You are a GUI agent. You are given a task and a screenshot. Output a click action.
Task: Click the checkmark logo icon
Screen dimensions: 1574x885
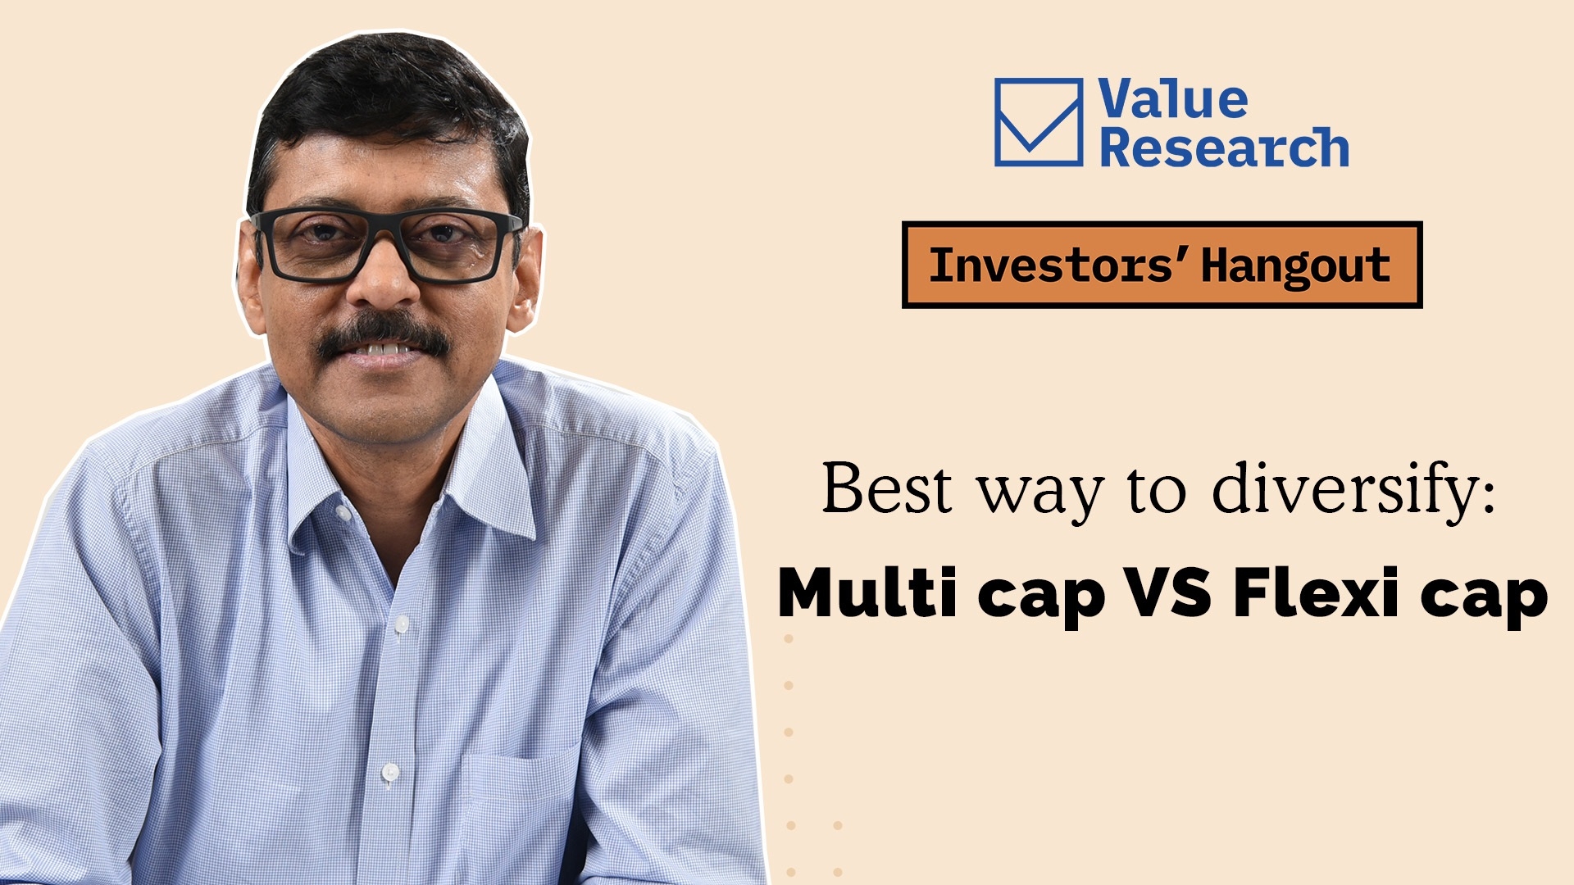click(x=1039, y=122)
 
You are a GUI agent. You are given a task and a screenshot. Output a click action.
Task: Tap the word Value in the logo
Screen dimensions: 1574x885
click(x=1173, y=99)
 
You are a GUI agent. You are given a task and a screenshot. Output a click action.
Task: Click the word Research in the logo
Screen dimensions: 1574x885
click(x=1224, y=147)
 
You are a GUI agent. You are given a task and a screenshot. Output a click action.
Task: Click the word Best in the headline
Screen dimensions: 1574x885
click(x=887, y=488)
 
